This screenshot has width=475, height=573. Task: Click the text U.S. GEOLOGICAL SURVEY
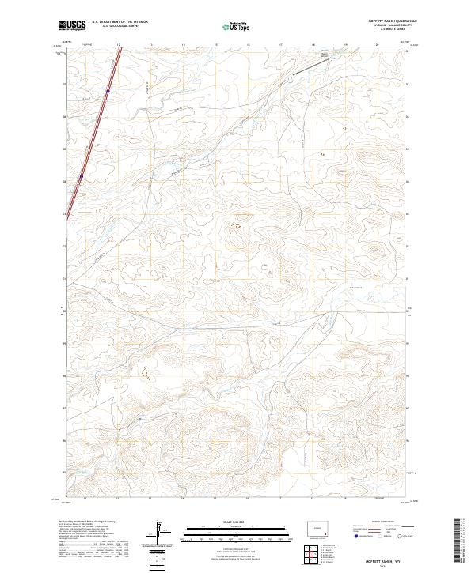tap(116, 27)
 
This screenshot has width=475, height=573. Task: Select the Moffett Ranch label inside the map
tap(325, 54)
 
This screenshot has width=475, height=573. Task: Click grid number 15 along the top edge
tap(216, 45)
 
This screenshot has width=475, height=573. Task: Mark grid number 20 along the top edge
tap(378, 45)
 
